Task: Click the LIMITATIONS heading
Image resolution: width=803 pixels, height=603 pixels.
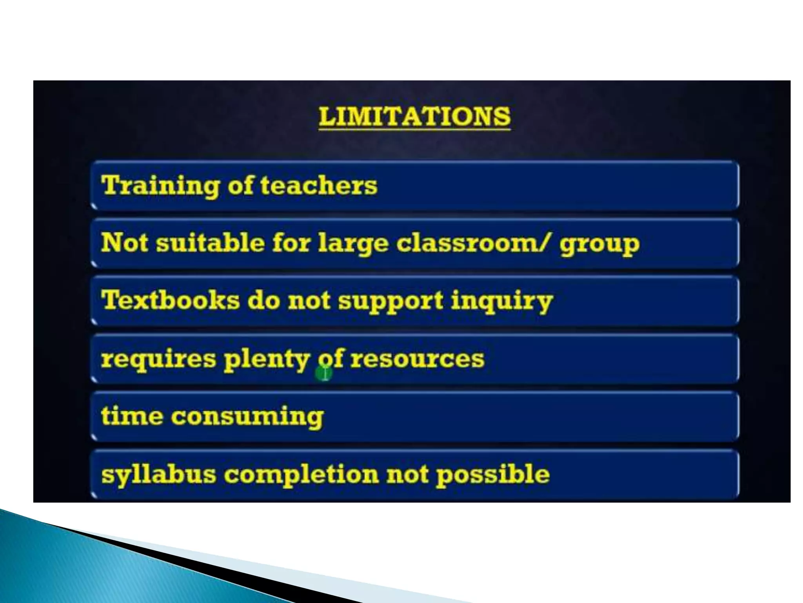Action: coord(414,117)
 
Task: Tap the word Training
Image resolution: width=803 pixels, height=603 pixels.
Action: coord(160,185)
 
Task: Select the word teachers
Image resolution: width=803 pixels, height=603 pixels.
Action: coord(318,185)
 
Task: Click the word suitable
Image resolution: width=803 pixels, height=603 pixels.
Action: coord(210,242)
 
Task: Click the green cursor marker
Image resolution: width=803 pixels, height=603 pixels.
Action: coord(324,373)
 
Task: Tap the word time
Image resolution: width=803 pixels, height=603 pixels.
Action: coord(132,415)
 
